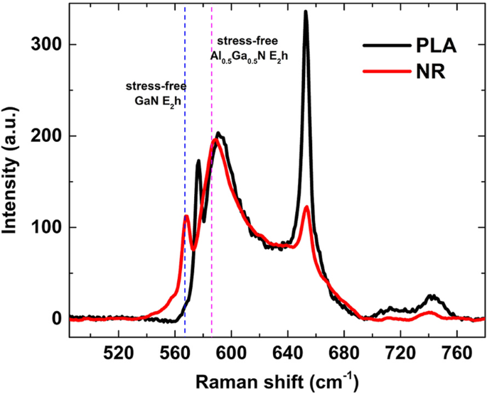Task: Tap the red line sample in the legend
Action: [385, 72]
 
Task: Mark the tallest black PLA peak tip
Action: [306, 11]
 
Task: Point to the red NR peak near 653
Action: [306, 207]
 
